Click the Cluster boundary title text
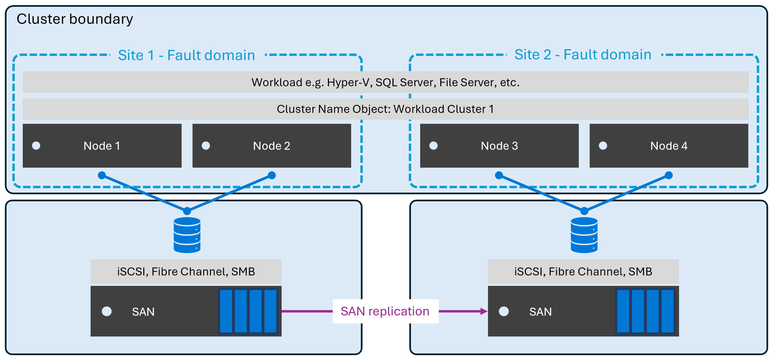(75, 19)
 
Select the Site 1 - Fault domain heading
(186, 55)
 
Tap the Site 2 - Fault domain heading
(583, 55)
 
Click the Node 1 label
(102, 146)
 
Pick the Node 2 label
(271, 146)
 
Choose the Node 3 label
(499, 146)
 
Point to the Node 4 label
(669, 146)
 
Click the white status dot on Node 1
(36, 146)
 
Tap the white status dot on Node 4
(603, 146)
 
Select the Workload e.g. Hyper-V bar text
(385, 82)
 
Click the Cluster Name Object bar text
(385, 109)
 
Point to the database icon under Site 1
(187, 235)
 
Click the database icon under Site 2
(584, 235)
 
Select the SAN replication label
(385, 311)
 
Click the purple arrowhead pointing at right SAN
(483, 311)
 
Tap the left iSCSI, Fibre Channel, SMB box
(186, 271)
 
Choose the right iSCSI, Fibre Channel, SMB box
(583, 271)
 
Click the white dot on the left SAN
(107, 311)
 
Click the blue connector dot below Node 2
(271, 175)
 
